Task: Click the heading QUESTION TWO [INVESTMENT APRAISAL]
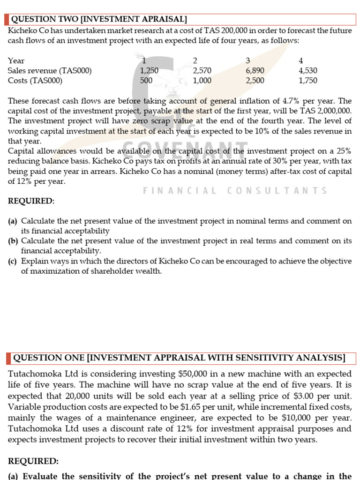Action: [x=99, y=19]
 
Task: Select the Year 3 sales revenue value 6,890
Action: [x=255, y=71]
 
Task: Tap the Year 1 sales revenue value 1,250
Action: [x=149, y=71]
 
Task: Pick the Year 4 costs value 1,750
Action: [x=307, y=81]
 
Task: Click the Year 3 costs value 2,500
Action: [x=255, y=81]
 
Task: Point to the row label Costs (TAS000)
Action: [x=35, y=81]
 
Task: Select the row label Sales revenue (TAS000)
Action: [x=50, y=71]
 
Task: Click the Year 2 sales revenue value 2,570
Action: [x=202, y=71]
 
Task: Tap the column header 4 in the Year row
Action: [x=301, y=60]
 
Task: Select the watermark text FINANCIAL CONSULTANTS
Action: [x=235, y=191]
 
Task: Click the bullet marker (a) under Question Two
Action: [x=13, y=221]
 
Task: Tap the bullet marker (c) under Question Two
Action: [x=13, y=262]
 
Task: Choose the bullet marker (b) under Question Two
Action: [x=13, y=241]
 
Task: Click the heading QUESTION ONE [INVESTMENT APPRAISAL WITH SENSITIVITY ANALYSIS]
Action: [x=179, y=358]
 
